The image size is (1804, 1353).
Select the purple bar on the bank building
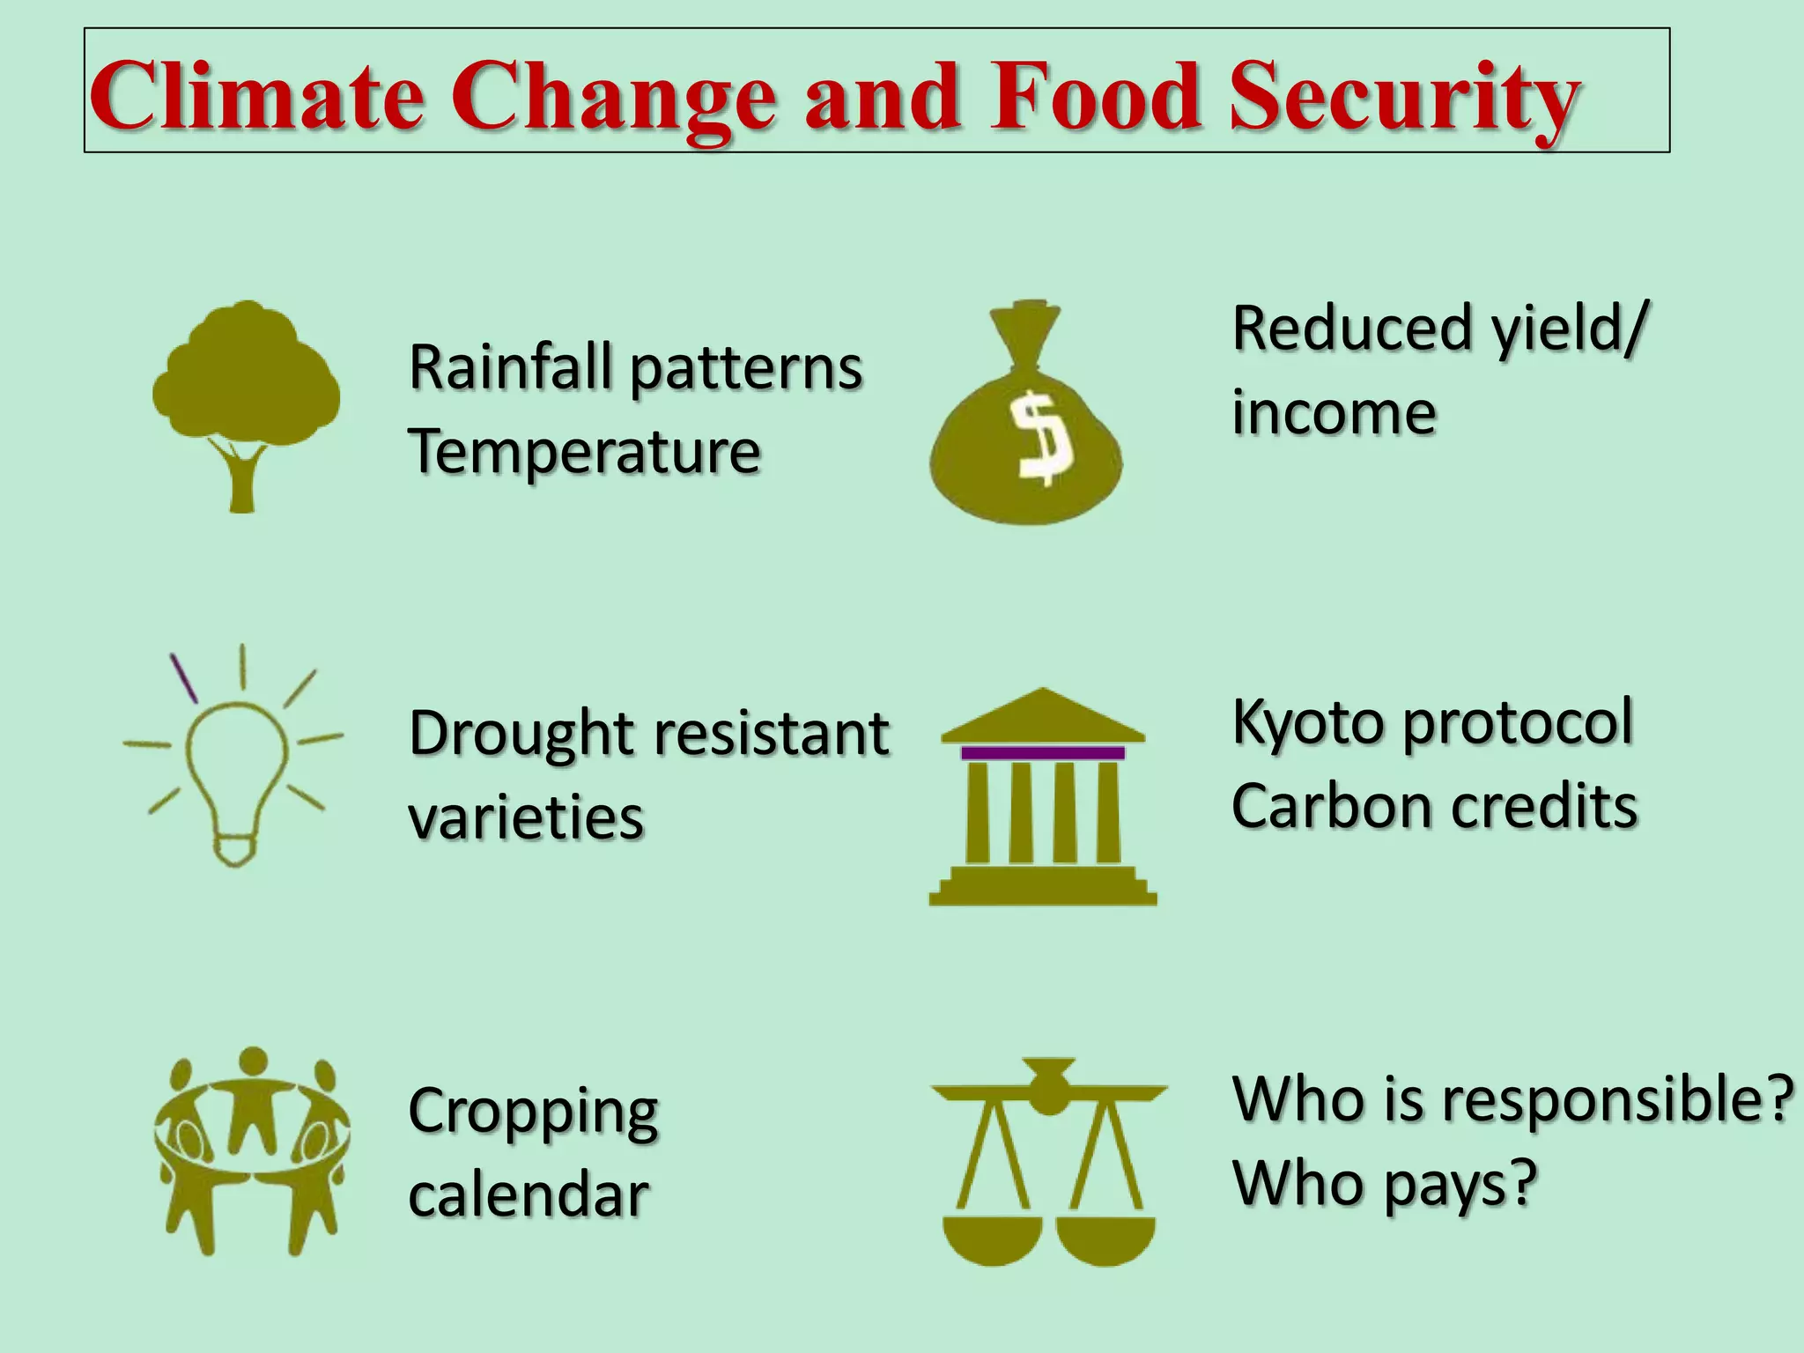tap(1043, 753)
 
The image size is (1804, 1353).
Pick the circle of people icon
tap(252, 1150)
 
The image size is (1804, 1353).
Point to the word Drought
tap(521, 734)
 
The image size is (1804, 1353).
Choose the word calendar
tap(529, 1196)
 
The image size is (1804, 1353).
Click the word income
tap(1334, 412)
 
